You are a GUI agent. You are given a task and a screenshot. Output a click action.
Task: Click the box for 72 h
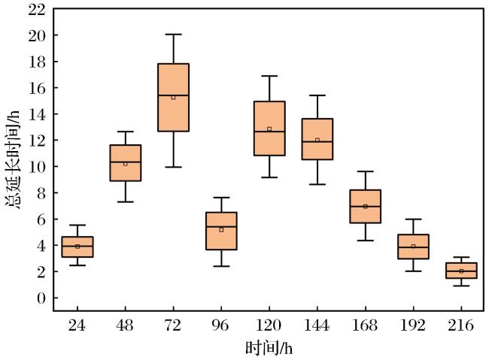coord(173,97)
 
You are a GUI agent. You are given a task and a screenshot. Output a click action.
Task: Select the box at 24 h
coord(77,247)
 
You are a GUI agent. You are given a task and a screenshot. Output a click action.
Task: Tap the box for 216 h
coord(461,271)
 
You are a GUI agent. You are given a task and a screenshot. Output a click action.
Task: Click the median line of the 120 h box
coord(269,132)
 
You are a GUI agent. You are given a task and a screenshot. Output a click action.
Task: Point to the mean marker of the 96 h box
coord(221,230)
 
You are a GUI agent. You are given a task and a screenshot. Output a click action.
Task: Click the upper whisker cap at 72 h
coord(173,35)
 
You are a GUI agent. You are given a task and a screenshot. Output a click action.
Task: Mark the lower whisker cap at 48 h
coord(126,202)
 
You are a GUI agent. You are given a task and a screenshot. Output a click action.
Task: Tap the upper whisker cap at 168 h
coord(365,171)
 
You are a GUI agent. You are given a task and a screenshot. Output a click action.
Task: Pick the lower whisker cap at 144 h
coord(317,185)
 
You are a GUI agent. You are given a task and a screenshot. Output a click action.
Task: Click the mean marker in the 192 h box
coord(413,247)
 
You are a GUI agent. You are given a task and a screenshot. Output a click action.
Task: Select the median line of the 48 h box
coord(126,162)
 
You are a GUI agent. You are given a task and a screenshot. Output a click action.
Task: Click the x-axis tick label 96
coord(220,325)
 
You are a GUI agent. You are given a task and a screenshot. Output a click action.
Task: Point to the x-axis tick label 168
coord(365,325)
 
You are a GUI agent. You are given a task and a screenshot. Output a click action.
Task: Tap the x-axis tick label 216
coord(460,325)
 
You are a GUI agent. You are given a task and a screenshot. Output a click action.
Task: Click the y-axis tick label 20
coord(37,35)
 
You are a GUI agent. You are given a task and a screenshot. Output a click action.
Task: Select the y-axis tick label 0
coord(41,298)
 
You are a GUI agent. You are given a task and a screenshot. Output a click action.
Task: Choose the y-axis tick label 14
coord(37,114)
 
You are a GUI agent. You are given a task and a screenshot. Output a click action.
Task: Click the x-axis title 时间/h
coord(269,348)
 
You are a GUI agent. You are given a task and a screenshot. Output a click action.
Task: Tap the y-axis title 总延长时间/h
coord(13,159)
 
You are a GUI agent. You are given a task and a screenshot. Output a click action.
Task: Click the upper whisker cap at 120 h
coord(269,76)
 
